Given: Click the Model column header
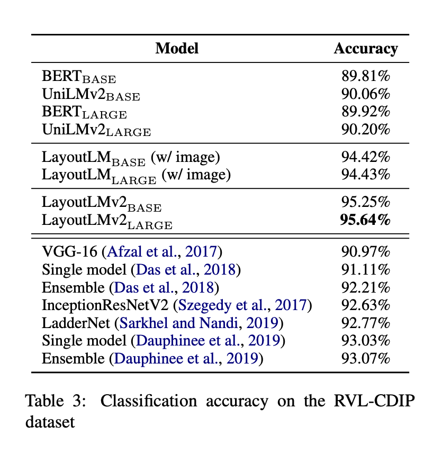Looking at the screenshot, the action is coord(177,48).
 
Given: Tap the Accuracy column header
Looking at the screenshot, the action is coord(366,49).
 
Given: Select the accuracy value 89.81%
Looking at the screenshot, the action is coord(366,76).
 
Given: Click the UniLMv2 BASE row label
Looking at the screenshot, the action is coord(91,94).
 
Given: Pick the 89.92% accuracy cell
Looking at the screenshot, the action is coord(366,112).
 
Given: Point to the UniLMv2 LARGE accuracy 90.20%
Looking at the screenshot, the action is coord(366,129).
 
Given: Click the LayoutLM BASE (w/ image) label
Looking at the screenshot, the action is coord(131,158).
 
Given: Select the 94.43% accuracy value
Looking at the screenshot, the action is coord(366,174).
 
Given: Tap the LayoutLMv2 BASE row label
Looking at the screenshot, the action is coord(102,203).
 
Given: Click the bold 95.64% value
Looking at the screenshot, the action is coord(365,220).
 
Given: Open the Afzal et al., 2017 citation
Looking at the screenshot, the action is coord(162,252).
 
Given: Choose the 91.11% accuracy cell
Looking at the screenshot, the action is coord(366,269).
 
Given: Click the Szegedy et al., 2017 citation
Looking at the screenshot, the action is coord(242,305).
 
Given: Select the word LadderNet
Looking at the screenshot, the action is coord(76,323).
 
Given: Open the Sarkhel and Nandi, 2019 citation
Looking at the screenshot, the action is coord(199,323).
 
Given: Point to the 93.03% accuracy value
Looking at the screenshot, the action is coord(366,341).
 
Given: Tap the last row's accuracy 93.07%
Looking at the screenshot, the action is coord(366,358).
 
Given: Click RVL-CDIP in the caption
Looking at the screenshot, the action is coord(374,401).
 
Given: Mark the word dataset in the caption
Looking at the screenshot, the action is coord(50,422).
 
